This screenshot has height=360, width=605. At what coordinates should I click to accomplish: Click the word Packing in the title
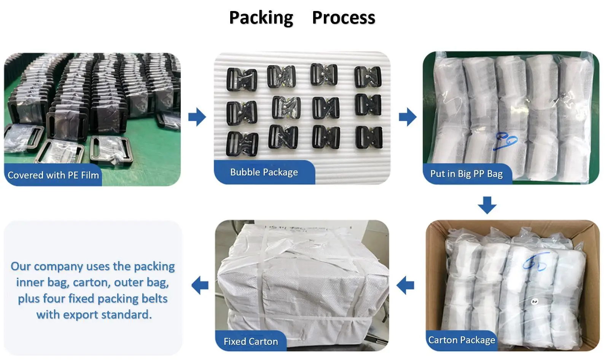tap(261, 18)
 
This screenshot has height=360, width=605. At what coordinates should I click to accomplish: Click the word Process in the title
tap(343, 18)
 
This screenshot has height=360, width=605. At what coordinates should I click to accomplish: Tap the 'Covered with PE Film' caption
tap(53, 175)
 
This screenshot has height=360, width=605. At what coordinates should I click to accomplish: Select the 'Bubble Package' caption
tap(264, 172)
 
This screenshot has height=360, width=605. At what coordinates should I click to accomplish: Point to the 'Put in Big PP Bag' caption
tap(466, 174)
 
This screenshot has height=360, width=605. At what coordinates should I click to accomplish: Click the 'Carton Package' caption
tap(462, 340)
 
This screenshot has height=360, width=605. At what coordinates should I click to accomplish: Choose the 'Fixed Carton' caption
tap(251, 341)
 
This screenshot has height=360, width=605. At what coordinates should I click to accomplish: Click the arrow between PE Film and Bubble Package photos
tap(197, 117)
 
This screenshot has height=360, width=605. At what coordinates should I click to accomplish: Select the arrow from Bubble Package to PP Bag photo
tap(408, 117)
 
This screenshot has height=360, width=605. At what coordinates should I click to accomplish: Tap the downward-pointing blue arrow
tap(487, 205)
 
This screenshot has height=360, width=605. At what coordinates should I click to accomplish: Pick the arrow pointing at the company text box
tap(200, 285)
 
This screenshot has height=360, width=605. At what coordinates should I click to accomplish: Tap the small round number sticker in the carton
tap(534, 302)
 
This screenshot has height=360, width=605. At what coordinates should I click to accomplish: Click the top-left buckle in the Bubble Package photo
tap(242, 79)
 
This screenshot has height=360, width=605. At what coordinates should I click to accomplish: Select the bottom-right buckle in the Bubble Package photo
tap(368, 137)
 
